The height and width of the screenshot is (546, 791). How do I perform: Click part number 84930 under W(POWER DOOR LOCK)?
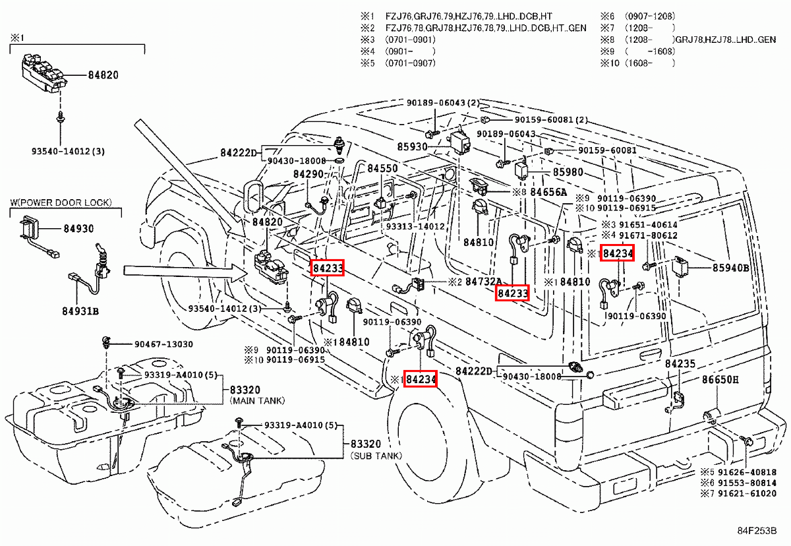(x=78, y=229)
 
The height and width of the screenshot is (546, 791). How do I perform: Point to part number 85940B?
(x=730, y=268)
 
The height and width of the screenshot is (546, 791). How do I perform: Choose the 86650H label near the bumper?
(x=720, y=380)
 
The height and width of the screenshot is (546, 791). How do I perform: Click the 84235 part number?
(x=680, y=364)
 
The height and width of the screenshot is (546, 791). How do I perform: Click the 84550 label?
(x=382, y=168)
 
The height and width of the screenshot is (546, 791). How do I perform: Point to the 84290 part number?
(x=308, y=174)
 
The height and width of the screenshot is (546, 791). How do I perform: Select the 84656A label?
(x=548, y=192)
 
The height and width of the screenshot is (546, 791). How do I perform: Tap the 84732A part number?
(x=483, y=282)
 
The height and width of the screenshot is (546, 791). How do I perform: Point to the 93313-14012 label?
(x=416, y=226)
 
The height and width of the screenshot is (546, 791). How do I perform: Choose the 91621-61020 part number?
(x=746, y=493)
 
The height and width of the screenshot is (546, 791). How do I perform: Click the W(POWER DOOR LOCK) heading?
(x=61, y=202)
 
